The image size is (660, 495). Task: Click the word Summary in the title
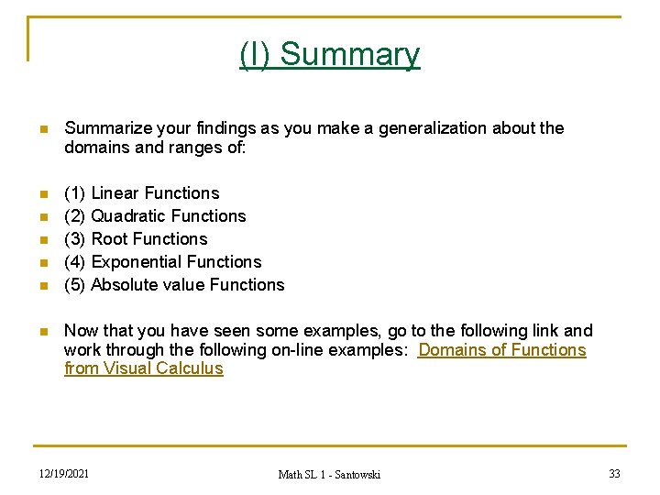[349, 55]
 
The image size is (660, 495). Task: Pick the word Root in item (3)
[110, 239]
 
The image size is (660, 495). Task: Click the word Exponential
[137, 262]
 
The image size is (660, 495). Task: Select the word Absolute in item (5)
[124, 285]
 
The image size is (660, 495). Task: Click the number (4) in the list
[75, 262]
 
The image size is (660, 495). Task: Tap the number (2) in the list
[75, 216]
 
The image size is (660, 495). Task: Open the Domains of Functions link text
[501, 350]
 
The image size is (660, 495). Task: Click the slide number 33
[614, 473]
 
